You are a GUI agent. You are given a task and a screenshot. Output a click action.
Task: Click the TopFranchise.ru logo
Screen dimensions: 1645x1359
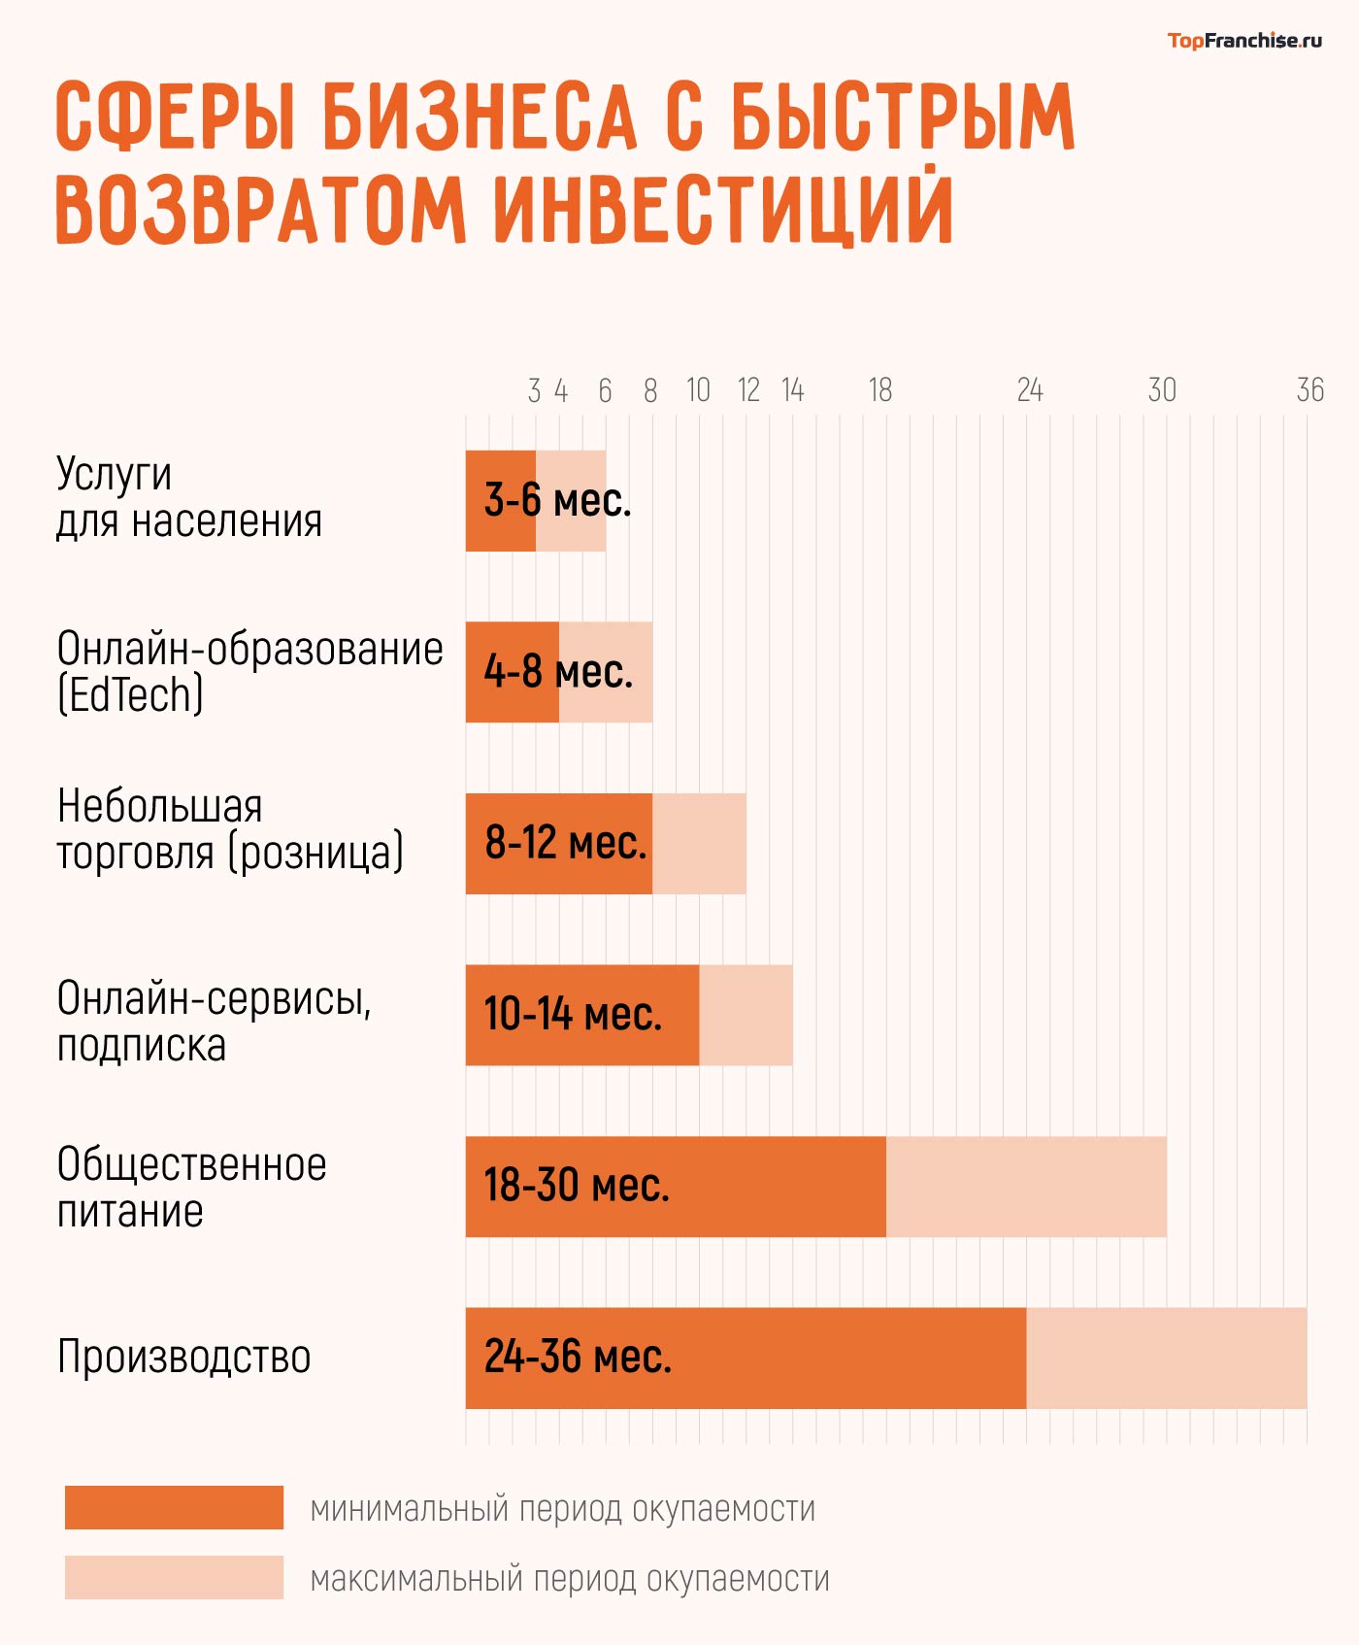[1243, 40]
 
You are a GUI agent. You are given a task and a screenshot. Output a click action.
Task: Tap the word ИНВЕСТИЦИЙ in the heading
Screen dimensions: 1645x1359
[724, 209]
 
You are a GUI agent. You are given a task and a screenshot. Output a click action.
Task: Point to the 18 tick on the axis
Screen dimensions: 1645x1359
[879, 390]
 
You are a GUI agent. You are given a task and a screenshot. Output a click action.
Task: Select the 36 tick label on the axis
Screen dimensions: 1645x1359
[1309, 390]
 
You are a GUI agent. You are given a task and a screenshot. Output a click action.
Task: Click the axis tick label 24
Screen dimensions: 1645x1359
[1029, 390]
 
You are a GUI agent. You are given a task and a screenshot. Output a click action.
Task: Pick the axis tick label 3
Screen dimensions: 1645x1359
[534, 390]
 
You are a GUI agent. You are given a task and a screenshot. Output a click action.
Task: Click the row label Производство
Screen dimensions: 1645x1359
[183, 1357]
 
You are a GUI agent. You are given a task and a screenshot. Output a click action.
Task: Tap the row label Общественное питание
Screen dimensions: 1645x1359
[191, 1187]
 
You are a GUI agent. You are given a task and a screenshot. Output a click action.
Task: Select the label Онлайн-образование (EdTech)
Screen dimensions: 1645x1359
[249, 671]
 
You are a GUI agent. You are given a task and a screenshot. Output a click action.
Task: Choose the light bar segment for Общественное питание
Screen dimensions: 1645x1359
[1026, 1187]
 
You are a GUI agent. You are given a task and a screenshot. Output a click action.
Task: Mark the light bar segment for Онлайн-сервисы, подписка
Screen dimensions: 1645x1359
[746, 1015]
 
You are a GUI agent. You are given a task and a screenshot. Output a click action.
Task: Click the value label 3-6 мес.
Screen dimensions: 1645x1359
[557, 501]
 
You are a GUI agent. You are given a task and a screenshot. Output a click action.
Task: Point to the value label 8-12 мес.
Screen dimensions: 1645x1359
[565, 843]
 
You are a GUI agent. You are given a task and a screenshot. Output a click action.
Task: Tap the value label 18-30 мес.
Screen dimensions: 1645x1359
[577, 1186]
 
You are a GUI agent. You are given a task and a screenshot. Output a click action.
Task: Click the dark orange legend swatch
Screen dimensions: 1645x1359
[174, 1507]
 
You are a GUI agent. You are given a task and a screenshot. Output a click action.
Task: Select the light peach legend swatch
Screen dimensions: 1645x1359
[174, 1577]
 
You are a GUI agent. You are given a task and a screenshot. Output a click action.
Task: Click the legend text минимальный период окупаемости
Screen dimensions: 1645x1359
[562, 1508]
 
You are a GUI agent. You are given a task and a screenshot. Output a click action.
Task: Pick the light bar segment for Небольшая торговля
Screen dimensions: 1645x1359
[699, 844]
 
